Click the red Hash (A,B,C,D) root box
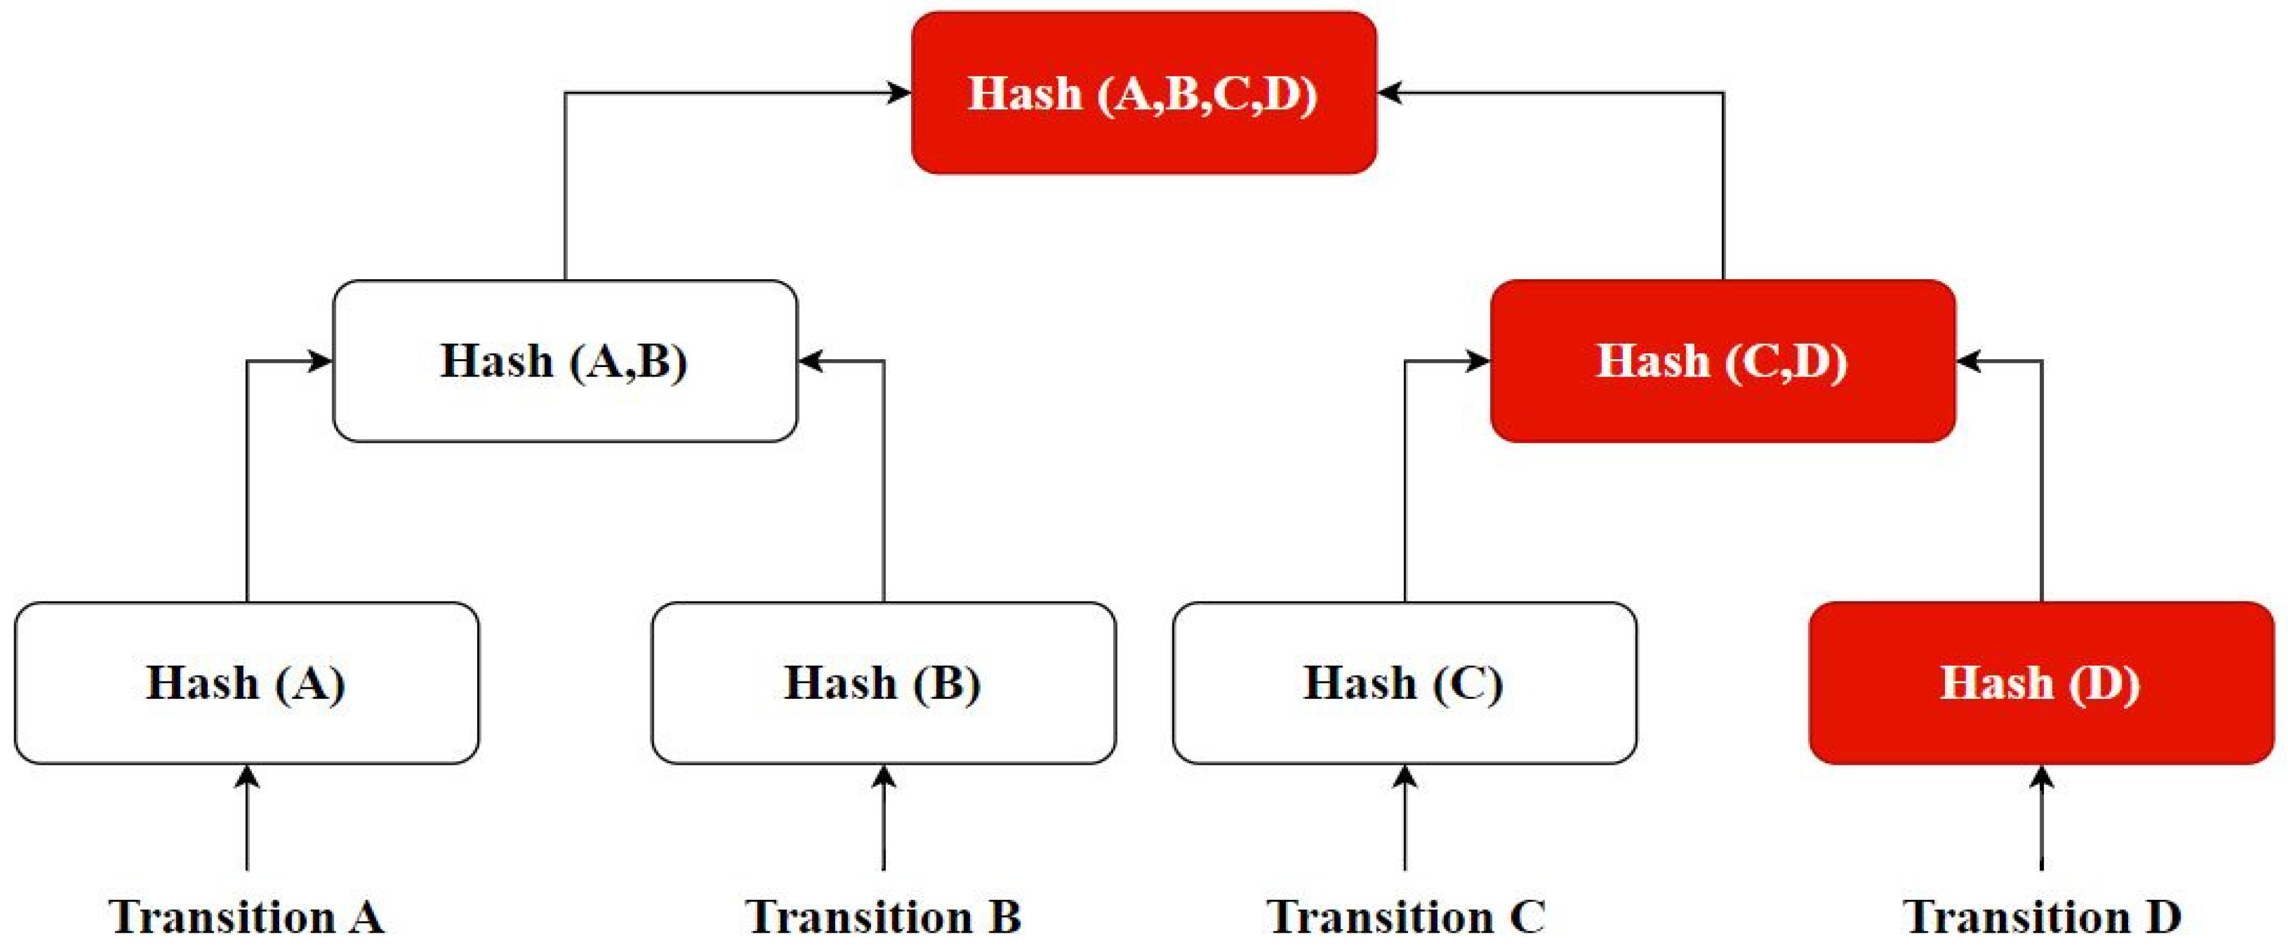(1144, 92)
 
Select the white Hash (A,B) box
(565, 360)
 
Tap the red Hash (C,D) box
(1723, 360)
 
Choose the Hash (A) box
(246, 682)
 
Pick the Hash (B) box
(883, 682)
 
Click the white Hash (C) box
(1404, 682)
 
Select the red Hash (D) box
(2041, 682)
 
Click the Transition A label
(246, 917)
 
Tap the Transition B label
(883, 917)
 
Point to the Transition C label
(1405, 917)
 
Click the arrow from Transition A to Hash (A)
(246, 818)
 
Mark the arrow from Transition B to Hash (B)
(883, 818)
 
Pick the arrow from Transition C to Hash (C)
(1404, 818)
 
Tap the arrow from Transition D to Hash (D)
(2041, 818)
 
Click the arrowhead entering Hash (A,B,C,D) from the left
(899, 92)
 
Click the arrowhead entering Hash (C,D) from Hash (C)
(1478, 360)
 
